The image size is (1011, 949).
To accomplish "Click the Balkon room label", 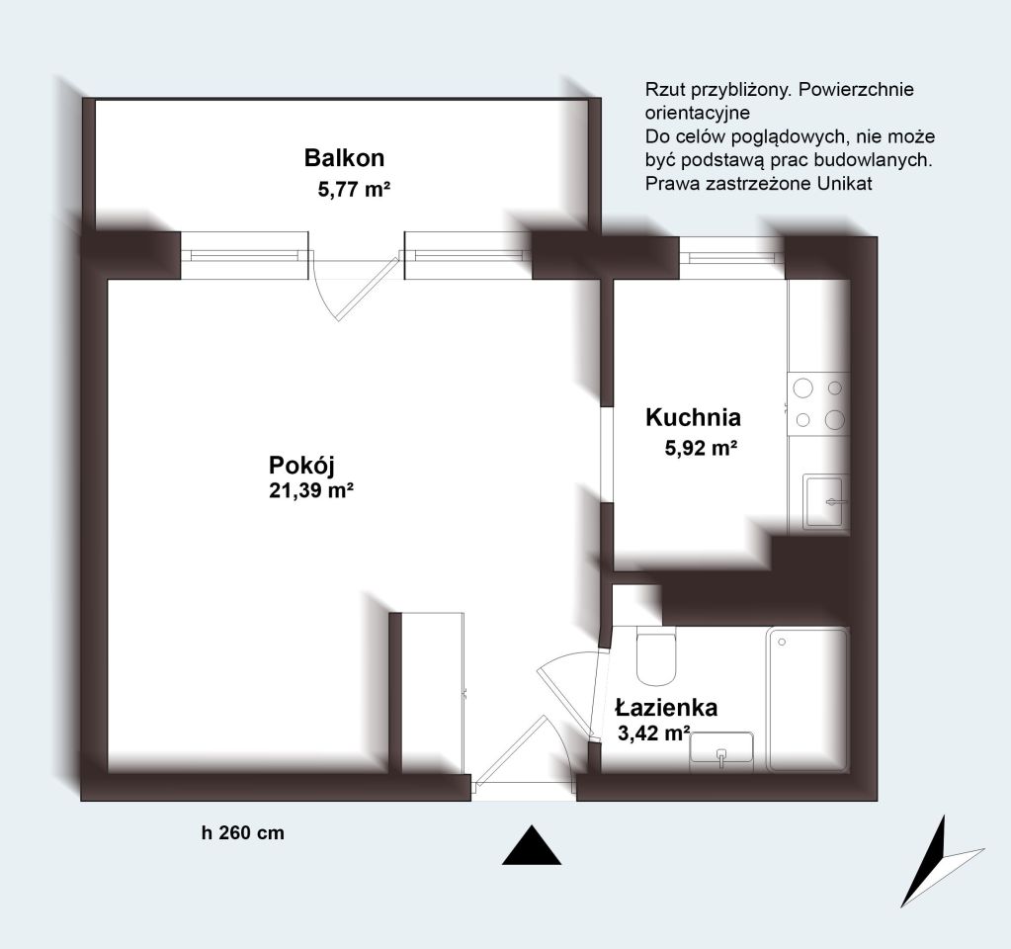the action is click(344, 158).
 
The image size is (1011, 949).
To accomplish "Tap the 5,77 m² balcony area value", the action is click(354, 190).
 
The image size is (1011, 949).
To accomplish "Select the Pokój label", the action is click(301, 466).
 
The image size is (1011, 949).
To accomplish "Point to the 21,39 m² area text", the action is click(310, 490).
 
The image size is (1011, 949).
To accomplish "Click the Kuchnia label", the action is click(693, 417).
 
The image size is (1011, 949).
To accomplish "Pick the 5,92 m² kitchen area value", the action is click(701, 448).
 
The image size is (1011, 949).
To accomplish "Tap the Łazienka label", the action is click(666, 707).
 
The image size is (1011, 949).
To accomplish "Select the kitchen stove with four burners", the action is click(817, 404).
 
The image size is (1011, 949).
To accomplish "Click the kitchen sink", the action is click(825, 501).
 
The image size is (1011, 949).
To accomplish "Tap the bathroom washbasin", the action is click(721, 750).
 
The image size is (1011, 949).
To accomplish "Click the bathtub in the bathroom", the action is click(807, 699).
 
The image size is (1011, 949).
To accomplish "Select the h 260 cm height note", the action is click(242, 833).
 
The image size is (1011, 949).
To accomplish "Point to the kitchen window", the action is click(732, 258).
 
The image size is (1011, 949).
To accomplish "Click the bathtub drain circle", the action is click(782, 642).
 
